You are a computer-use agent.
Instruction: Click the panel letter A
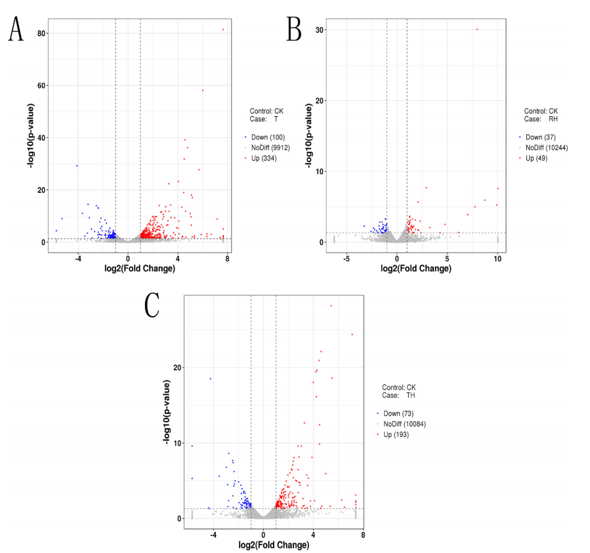coord(16,29)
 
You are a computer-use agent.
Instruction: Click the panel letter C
coord(152,305)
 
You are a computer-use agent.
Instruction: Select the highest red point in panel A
coord(223,29)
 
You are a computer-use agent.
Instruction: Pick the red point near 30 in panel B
coord(477,29)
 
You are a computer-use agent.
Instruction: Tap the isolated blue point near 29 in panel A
coord(77,166)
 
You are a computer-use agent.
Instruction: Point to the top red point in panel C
coord(331,306)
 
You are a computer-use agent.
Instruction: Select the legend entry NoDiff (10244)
coord(547,148)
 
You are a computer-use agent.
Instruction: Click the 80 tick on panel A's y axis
coord(41,33)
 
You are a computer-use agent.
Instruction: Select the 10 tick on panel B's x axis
coord(497,258)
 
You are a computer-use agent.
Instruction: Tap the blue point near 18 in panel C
coord(211,379)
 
